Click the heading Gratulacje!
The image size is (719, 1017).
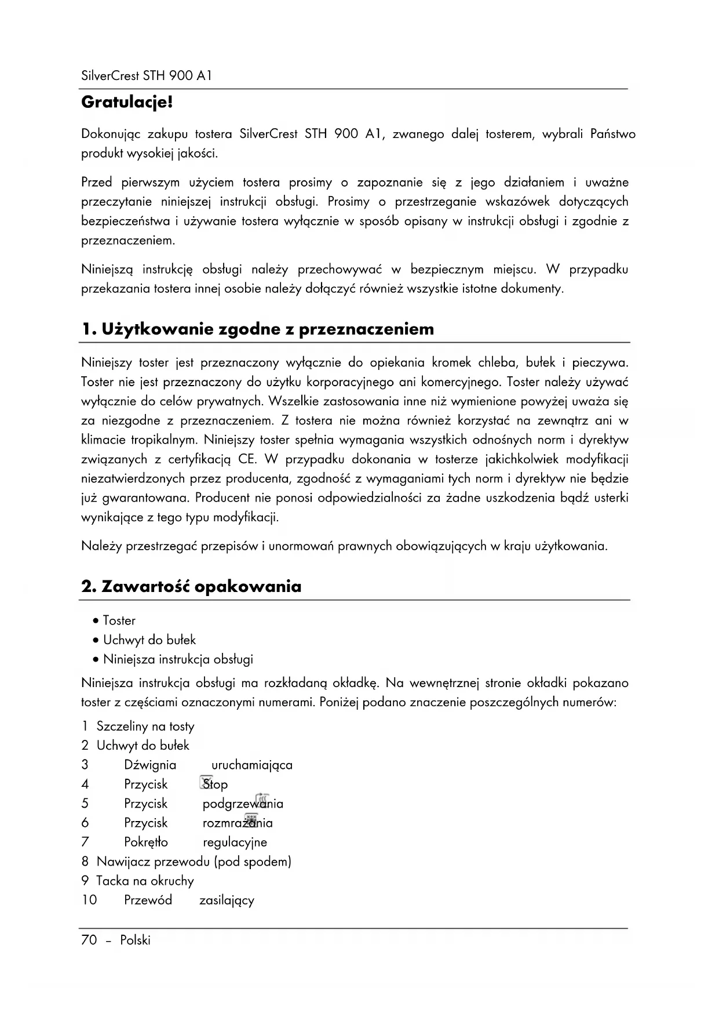[x=127, y=103]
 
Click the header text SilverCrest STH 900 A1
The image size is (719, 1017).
[x=147, y=76]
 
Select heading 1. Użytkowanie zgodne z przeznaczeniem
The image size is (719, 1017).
[x=257, y=329]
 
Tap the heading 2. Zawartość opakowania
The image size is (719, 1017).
[x=191, y=587]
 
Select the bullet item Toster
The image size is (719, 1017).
[x=119, y=621]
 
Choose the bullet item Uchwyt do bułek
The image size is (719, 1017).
[x=149, y=640]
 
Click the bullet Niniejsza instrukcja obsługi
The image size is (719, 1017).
[x=177, y=659]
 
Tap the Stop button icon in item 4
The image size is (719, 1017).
[x=206, y=782]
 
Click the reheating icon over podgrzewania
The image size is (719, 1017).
[x=262, y=800]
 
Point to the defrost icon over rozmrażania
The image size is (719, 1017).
[x=251, y=820]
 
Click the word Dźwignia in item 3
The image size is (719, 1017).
[x=150, y=765]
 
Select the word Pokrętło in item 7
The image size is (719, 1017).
[x=146, y=842]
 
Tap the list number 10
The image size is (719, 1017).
[x=89, y=900]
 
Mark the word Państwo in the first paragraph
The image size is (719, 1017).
[x=613, y=135]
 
